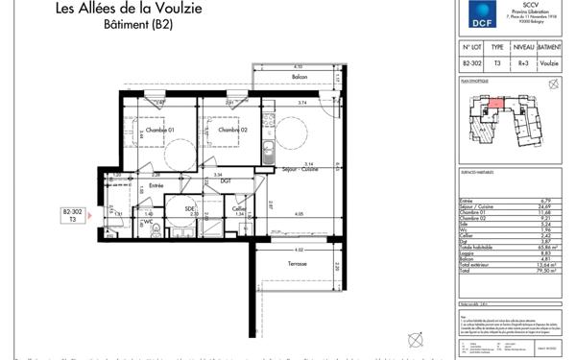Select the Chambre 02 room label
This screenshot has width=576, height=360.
233,131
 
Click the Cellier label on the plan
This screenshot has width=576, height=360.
239,208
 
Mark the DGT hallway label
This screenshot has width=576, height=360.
226,180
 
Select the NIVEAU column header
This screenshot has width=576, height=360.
523,46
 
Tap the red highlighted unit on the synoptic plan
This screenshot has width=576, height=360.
491,103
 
